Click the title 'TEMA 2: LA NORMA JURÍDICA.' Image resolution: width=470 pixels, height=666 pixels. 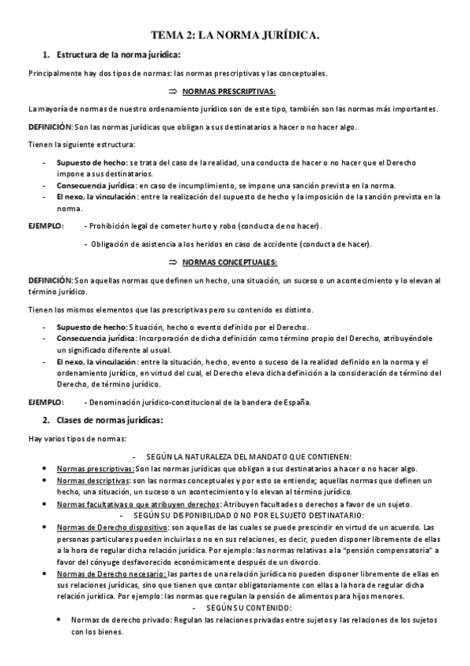[x=235, y=35]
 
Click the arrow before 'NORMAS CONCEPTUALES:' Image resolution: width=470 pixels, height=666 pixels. [x=173, y=262]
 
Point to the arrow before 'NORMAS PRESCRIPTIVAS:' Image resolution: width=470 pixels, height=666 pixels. [x=174, y=91]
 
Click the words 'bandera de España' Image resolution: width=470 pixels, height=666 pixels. [x=277, y=403]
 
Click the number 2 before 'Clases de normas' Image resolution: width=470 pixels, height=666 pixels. [x=46, y=420]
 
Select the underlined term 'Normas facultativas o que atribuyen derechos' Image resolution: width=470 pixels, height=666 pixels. [x=138, y=503]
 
